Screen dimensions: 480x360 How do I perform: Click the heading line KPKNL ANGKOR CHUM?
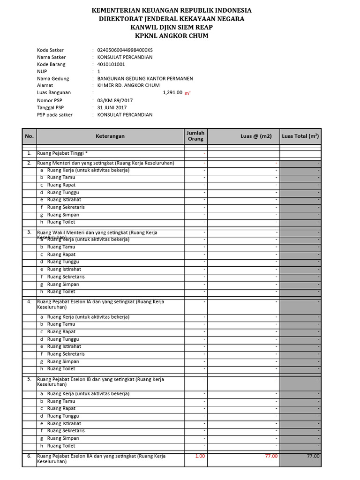pyautogui.click(x=172, y=36)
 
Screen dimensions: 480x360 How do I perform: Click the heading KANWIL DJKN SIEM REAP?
pyautogui.click(x=172, y=27)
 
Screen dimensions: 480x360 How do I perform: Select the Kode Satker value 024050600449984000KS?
pyautogui.click(x=125, y=50)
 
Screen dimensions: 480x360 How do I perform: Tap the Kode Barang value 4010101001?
pyautogui.click(x=111, y=64)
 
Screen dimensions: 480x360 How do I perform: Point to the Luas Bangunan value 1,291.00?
pyautogui.click(x=172, y=93)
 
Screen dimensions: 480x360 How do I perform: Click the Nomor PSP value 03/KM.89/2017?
pyautogui.click(x=115, y=100)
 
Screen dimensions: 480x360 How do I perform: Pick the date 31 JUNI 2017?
pyautogui.click(x=112, y=107)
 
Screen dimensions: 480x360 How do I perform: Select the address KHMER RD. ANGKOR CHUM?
pyautogui.click(x=128, y=85)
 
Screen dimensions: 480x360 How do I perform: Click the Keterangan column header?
pyautogui.click(x=110, y=136)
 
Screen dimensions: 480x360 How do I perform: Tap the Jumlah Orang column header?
pyautogui.click(x=195, y=136)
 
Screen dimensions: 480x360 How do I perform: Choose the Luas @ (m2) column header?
pyautogui.click(x=256, y=136)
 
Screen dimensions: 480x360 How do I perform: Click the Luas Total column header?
pyautogui.click(x=300, y=136)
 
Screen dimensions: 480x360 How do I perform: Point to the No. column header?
pyautogui.click(x=30, y=136)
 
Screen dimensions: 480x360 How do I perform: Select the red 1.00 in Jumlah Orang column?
pyautogui.click(x=200, y=456)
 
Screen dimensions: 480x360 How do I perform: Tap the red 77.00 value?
pyautogui.click(x=271, y=456)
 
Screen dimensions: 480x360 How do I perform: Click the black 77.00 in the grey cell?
pyautogui.click(x=313, y=456)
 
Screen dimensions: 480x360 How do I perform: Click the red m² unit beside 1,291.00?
pyautogui.click(x=187, y=93)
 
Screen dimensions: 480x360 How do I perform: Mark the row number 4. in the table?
pyautogui.click(x=30, y=301)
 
